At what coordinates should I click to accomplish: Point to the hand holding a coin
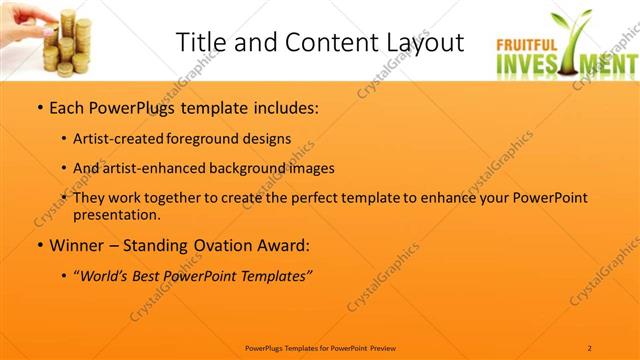pos(22,14)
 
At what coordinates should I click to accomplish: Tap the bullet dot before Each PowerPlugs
pos(38,106)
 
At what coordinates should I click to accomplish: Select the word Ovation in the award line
pos(221,245)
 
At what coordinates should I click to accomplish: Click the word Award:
pos(284,245)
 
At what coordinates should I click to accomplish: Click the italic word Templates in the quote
pos(273,276)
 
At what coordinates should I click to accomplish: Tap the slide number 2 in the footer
pos(590,347)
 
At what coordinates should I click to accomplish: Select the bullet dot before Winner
pos(38,245)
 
